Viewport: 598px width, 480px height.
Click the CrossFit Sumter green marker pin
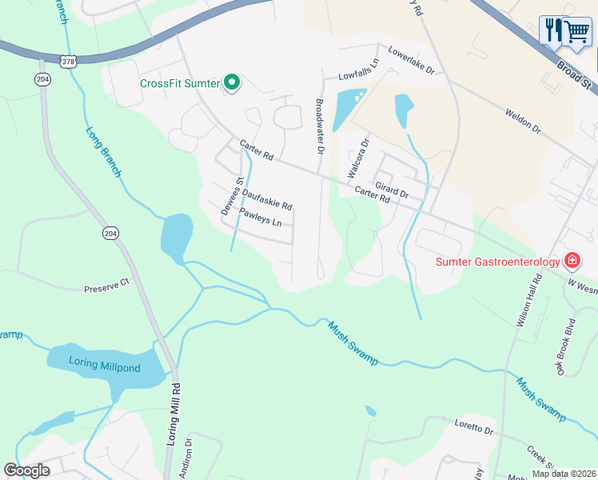233,82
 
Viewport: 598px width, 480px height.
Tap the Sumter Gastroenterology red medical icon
572,261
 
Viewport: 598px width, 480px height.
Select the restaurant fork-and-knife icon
552,30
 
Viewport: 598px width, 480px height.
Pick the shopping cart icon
576,32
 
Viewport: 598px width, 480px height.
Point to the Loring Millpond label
104,368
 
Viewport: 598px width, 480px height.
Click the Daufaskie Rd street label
267,199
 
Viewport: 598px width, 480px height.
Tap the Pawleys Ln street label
261,217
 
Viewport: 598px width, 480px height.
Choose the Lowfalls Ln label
357,74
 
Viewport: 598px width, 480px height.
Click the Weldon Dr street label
523,121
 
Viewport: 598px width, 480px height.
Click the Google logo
27,470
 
